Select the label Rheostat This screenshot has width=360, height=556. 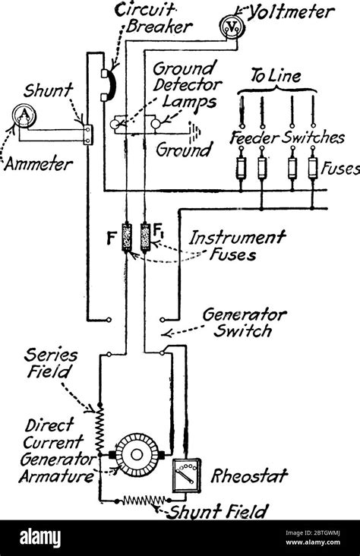tap(251, 476)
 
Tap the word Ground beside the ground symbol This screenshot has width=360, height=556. tap(183, 150)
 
